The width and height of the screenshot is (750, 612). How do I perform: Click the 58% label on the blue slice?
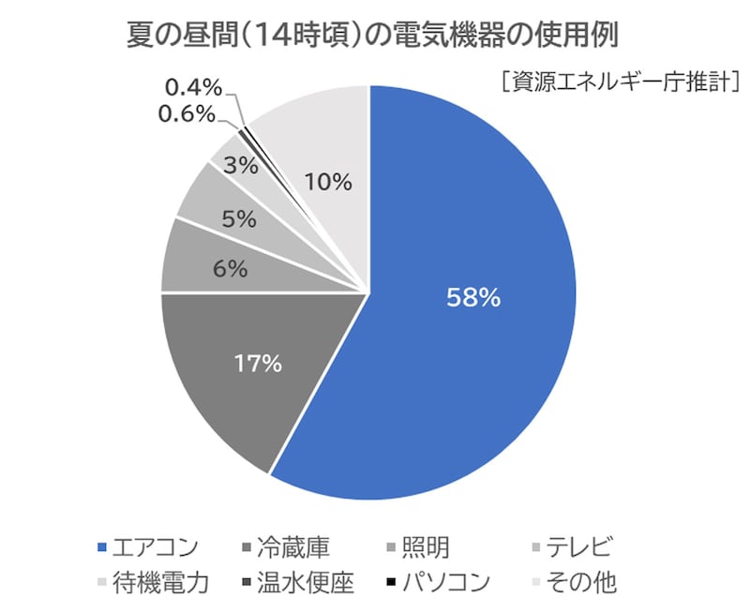(473, 299)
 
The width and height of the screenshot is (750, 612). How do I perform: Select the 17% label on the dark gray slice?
(257, 364)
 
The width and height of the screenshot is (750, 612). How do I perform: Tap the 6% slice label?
(230, 269)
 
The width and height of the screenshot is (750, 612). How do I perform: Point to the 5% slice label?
(239, 219)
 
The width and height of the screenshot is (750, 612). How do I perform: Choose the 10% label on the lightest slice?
(329, 182)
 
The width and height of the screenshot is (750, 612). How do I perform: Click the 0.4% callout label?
(193, 89)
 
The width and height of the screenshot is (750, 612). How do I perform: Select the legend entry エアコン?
(155, 546)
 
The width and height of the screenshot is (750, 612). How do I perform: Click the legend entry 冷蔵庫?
(292, 546)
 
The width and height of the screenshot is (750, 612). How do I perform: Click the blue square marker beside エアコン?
(103, 548)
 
